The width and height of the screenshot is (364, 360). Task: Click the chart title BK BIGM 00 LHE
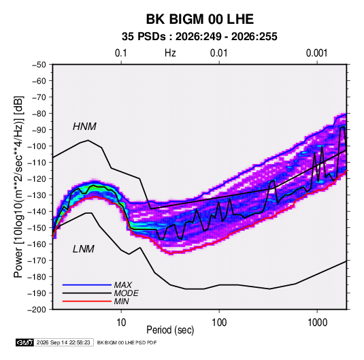point(199,19)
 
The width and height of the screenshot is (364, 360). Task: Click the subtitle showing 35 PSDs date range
point(199,37)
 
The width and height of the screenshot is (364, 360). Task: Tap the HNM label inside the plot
point(84,127)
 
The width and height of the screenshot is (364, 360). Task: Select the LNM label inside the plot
point(83,249)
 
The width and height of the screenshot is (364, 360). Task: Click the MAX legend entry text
point(123,284)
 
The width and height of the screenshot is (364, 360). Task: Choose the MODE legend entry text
point(126,293)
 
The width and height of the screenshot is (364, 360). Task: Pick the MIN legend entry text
point(121,301)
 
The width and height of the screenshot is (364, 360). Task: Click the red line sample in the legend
point(87,301)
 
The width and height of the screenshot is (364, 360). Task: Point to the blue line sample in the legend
point(87,284)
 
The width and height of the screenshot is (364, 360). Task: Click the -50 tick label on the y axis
point(39,65)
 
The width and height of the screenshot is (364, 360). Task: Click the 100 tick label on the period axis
point(219,323)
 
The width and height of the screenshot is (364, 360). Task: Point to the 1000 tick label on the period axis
point(317,323)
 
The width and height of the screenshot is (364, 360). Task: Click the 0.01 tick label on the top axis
point(218,53)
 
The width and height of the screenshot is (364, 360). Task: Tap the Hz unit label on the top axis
point(170,53)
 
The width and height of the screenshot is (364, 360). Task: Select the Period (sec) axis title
point(170,330)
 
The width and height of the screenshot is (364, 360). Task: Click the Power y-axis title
point(18,187)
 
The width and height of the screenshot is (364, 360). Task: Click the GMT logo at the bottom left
point(24,342)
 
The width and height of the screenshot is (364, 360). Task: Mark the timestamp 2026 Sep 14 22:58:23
point(63,342)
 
